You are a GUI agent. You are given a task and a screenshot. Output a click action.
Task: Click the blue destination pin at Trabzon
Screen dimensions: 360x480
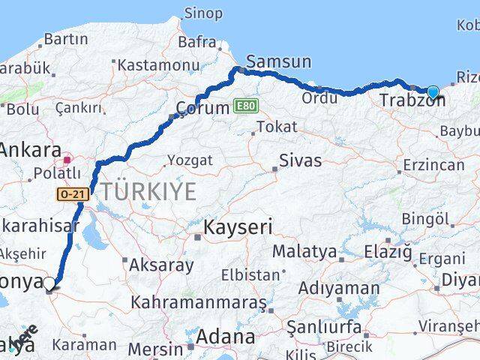point(433,92)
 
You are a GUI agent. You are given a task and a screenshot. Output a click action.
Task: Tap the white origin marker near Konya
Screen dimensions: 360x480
point(49,283)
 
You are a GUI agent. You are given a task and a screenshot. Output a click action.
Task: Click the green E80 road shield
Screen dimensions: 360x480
point(245,106)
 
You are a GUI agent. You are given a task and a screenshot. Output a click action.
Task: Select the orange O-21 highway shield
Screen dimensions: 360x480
point(72,194)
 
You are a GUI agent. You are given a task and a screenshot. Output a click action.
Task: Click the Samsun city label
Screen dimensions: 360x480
point(268,62)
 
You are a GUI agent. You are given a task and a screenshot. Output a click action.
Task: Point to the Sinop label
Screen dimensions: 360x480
point(203,13)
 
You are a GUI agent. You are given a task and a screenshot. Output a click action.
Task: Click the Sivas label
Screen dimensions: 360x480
point(300,160)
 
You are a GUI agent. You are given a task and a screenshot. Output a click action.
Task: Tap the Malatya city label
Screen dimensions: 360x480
point(304,251)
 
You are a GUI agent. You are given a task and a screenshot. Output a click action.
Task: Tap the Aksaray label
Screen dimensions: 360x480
point(162,265)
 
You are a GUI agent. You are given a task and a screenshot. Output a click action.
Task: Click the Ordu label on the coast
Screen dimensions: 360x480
point(318,97)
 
